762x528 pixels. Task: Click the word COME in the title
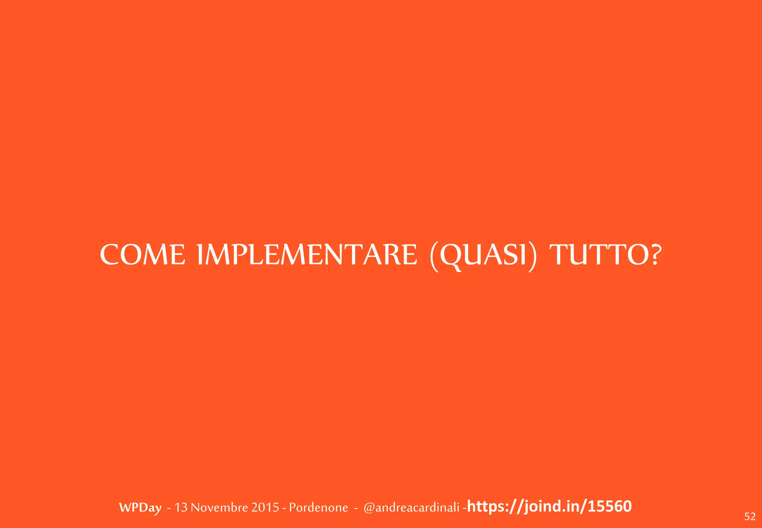(143, 255)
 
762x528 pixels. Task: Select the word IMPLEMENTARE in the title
(307, 255)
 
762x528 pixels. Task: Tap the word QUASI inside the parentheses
(483, 256)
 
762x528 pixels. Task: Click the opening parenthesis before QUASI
(433, 257)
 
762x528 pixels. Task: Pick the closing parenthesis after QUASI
(533, 257)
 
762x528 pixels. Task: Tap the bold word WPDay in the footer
(140, 508)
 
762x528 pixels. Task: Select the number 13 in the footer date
(181, 508)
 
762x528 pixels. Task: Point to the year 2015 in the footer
(265, 508)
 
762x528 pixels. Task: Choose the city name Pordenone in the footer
(318, 508)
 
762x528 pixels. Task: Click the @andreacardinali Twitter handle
(412, 508)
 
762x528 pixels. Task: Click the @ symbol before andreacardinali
(369, 508)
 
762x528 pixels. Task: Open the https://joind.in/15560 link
(549, 506)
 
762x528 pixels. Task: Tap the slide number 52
(750, 516)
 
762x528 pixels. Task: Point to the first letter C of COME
(111, 255)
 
